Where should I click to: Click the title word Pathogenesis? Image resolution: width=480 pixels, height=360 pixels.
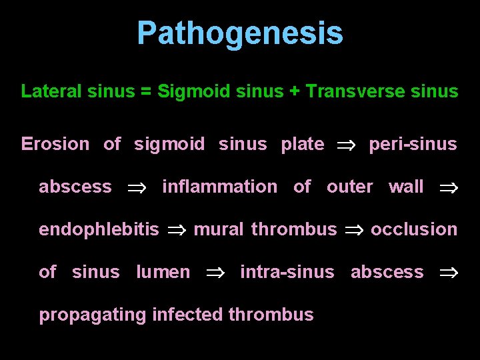tap(240, 33)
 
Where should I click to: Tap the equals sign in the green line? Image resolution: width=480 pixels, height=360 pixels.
tap(145, 91)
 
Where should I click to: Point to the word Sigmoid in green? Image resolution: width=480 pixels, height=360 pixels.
tap(187, 91)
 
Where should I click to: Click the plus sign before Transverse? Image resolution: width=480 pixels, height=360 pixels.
tap(294, 91)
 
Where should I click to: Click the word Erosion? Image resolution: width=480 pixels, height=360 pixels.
tap(55, 144)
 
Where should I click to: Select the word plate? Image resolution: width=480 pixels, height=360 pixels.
tap(303, 144)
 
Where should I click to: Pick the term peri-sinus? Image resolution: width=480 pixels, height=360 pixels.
tap(413, 144)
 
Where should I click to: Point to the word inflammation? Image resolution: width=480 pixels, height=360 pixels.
tap(219, 187)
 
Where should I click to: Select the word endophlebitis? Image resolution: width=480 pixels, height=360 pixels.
tap(99, 229)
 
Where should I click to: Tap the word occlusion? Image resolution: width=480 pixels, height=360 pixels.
tap(414, 229)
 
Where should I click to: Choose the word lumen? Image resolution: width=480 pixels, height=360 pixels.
tap(163, 272)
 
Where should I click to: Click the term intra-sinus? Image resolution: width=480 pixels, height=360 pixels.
tap(287, 272)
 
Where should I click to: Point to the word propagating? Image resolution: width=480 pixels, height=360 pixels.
tap(93, 315)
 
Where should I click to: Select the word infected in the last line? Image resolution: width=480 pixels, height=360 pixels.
tap(188, 315)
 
